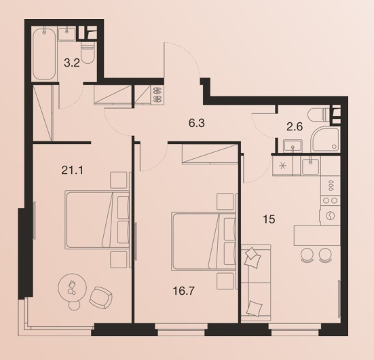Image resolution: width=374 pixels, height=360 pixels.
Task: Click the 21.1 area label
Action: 72,170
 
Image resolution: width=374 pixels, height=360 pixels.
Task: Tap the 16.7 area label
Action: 184,291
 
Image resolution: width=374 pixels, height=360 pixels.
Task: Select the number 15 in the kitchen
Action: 269,219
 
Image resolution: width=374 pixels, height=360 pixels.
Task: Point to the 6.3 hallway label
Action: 197,124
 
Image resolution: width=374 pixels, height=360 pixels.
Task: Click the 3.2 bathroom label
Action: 71,63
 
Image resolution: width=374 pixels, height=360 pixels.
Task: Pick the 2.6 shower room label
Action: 295,126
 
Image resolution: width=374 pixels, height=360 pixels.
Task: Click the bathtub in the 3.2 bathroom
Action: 44,54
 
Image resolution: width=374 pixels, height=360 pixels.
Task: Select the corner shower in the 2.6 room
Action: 326,140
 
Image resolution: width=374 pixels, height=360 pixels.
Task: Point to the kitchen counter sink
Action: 310,166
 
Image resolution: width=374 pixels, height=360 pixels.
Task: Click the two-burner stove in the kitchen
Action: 331,200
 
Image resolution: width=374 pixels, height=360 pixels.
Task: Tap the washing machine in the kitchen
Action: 331,215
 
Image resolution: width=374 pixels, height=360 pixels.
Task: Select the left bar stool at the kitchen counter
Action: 307,255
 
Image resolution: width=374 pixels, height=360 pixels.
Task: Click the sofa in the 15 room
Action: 256,283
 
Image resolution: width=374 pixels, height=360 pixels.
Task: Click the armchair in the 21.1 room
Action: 100,298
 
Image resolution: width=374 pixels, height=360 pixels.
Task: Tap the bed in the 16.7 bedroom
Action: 204,241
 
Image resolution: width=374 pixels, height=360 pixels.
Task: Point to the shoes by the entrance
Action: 157,95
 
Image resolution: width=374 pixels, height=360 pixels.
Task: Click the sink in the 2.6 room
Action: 293,145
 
